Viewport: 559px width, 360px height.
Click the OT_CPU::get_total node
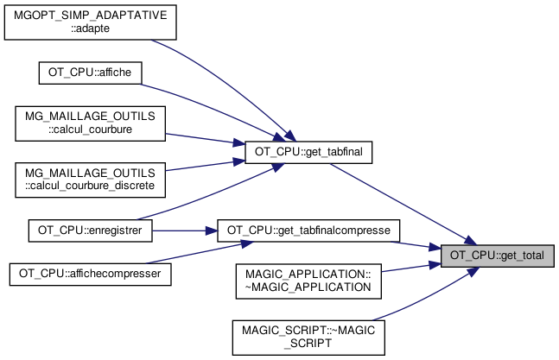click(x=496, y=256)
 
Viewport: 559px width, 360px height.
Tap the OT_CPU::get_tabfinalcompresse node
click(x=308, y=231)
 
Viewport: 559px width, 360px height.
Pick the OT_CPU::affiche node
click(x=90, y=72)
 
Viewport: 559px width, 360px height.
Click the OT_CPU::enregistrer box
click(x=90, y=231)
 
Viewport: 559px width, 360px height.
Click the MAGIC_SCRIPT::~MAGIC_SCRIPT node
click(x=308, y=336)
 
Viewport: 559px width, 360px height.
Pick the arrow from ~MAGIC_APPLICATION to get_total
click(x=410, y=267)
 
